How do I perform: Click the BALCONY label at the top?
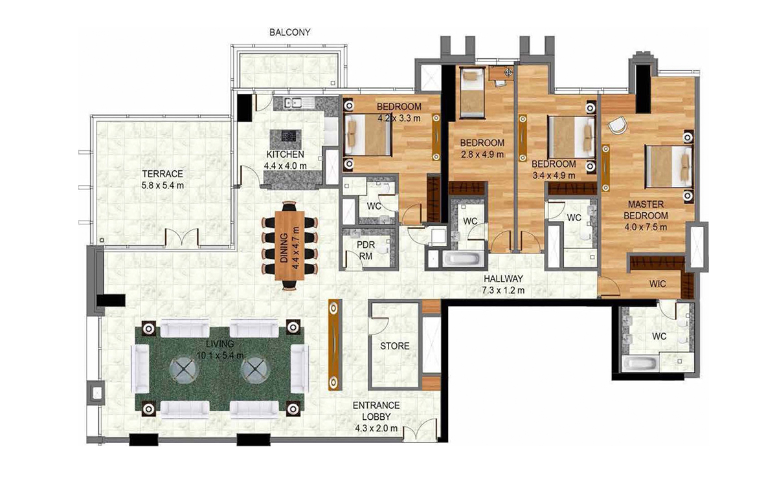(290, 32)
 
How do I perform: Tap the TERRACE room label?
(163, 174)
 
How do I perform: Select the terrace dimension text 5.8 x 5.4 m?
(163, 186)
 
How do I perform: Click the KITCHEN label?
(285, 155)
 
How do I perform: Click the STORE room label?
(394, 346)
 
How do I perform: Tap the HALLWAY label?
(503, 279)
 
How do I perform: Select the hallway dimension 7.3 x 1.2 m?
(503, 290)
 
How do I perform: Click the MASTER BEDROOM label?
(646, 210)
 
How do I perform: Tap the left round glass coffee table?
(181, 368)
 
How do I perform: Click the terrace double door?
(181, 238)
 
